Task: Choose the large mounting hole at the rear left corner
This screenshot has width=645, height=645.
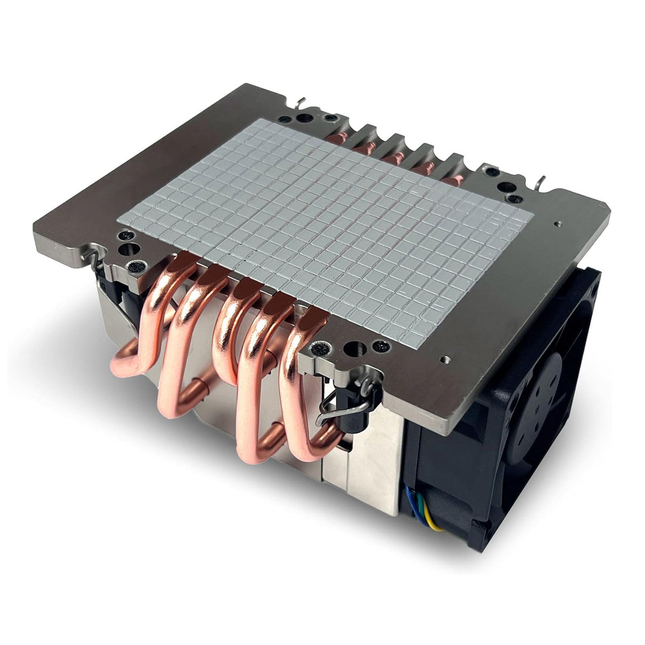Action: [305, 118]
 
